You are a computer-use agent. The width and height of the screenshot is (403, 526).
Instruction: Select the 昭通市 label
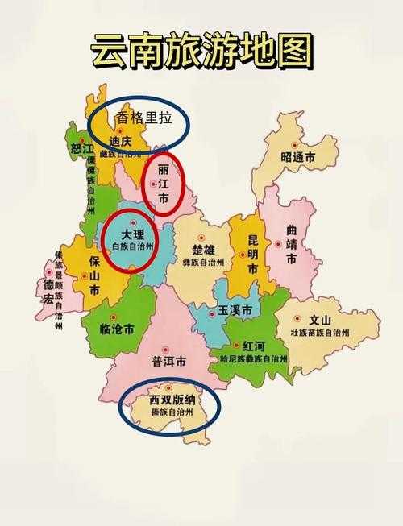tap(298, 157)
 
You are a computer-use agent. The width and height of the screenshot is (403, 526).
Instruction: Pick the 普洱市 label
tap(169, 362)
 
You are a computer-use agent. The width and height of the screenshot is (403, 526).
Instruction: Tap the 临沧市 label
tap(117, 329)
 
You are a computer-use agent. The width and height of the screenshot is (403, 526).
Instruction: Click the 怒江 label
tap(77, 147)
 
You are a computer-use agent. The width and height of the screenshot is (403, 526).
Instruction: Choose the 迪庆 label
tap(119, 143)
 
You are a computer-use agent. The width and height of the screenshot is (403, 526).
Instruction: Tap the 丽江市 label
tap(164, 184)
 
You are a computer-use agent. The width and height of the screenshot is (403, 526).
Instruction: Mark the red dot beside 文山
tap(298, 318)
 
